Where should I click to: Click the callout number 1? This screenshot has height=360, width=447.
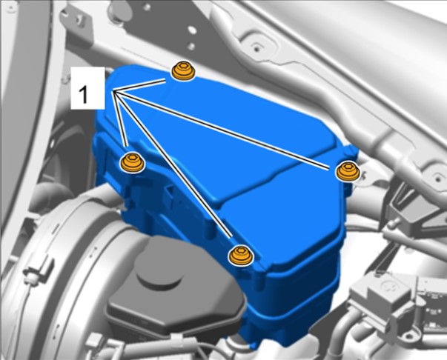pyautogui.click(x=83, y=95)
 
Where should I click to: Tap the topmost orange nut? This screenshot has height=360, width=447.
pyautogui.click(x=183, y=70)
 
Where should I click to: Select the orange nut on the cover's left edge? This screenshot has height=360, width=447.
pyautogui.click(x=132, y=162)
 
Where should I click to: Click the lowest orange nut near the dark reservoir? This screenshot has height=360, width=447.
pyautogui.click(x=240, y=256)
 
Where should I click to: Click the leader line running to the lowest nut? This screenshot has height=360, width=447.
pyautogui.click(x=173, y=164)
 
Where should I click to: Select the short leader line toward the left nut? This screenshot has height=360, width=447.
pyautogui.click(x=119, y=119)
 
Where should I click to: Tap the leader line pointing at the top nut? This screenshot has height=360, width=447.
pyautogui.click(x=139, y=86)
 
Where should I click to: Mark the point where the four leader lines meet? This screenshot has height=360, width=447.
pyautogui.click(x=113, y=92)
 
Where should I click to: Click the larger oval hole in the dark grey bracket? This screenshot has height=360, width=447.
pyautogui.click(x=192, y=30)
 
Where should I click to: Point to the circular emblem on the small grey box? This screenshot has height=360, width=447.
pyautogui.click(x=388, y=285)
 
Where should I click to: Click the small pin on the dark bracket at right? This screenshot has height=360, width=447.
pyautogui.click(x=394, y=221)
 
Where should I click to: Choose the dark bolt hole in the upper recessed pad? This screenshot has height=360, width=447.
pyautogui.click(x=256, y=49)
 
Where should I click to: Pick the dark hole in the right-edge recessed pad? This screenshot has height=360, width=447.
pyautogui.click(x=438, y=178)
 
